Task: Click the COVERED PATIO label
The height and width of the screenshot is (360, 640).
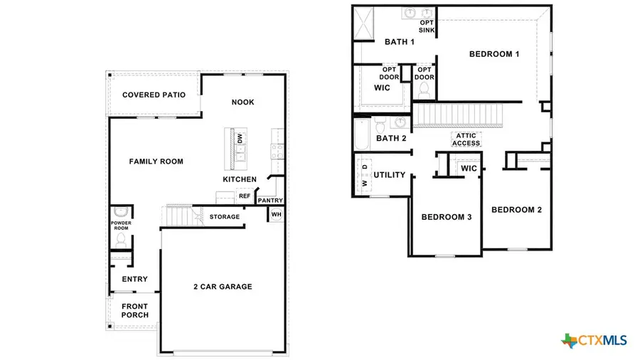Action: [154, 95]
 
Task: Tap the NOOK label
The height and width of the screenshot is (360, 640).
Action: [242, 102]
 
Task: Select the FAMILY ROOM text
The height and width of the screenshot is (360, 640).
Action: [156, 162]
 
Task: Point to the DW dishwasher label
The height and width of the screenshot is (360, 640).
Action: [240, 137]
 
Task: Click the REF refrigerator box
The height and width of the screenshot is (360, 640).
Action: [244, 196]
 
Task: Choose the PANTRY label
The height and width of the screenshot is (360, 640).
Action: [270, 201]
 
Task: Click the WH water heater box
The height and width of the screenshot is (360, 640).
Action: [276, 214]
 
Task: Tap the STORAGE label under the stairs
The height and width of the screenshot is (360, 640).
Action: [224, 216]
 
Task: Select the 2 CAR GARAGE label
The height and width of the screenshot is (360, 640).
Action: [223, 287]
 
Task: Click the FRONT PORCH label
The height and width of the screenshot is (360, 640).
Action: [134, 311]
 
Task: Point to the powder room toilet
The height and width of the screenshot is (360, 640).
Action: [119, 211]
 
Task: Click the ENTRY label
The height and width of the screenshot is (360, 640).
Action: [134, 279]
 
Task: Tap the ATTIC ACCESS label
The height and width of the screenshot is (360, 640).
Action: [466, 139]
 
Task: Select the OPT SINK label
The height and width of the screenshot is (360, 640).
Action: [427, 27]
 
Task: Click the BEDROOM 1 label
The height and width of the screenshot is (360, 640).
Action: [494, 54]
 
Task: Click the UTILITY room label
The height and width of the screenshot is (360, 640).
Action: [389, 174]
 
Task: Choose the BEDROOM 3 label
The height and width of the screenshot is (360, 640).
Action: [447, 217]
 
